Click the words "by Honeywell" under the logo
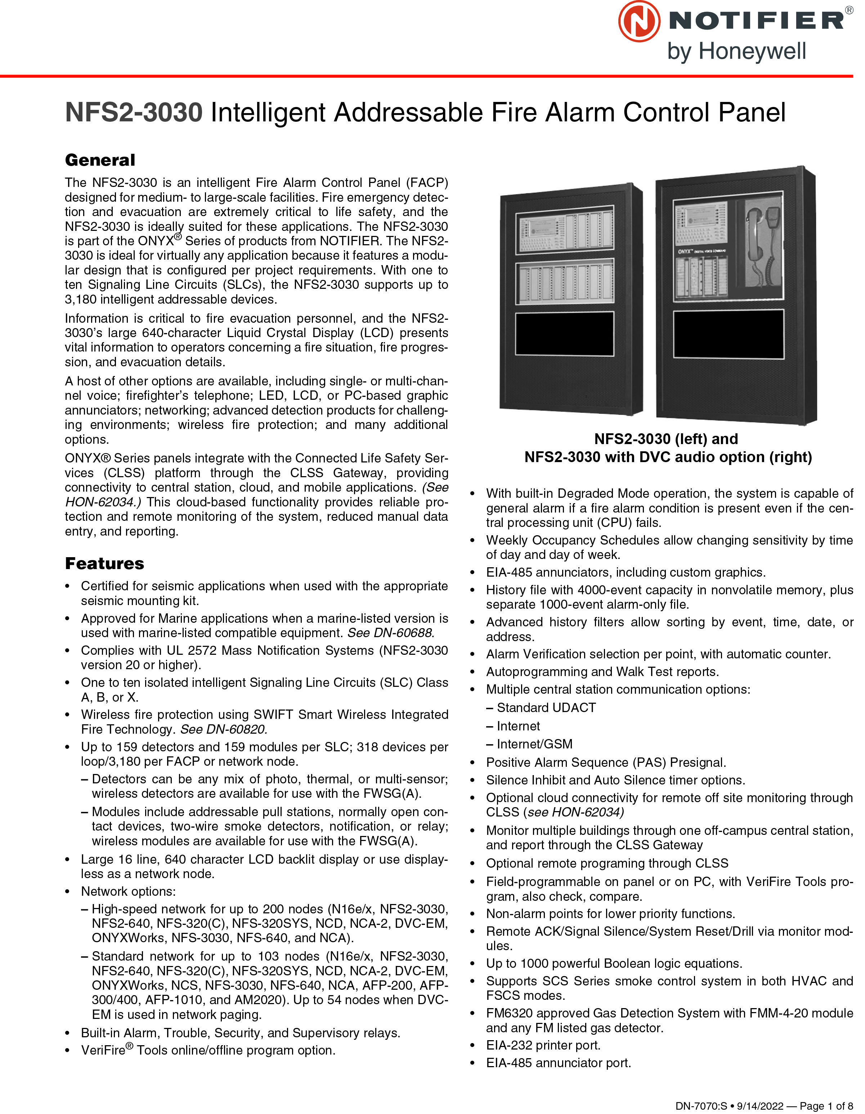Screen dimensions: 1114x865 tap(736, 52)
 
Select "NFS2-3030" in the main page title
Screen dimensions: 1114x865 tap(134, 113)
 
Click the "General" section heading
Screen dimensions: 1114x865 tap(100, 160)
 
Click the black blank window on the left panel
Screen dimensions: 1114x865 tap(564, 334)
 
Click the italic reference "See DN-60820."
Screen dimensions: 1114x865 tap(223, 729)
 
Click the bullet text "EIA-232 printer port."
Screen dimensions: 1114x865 tap(543, 1045)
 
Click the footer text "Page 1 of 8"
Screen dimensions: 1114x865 tap(826, 1106)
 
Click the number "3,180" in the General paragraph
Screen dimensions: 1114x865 tap(81, 299)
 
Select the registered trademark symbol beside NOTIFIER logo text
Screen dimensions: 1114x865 tap(849, 10)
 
